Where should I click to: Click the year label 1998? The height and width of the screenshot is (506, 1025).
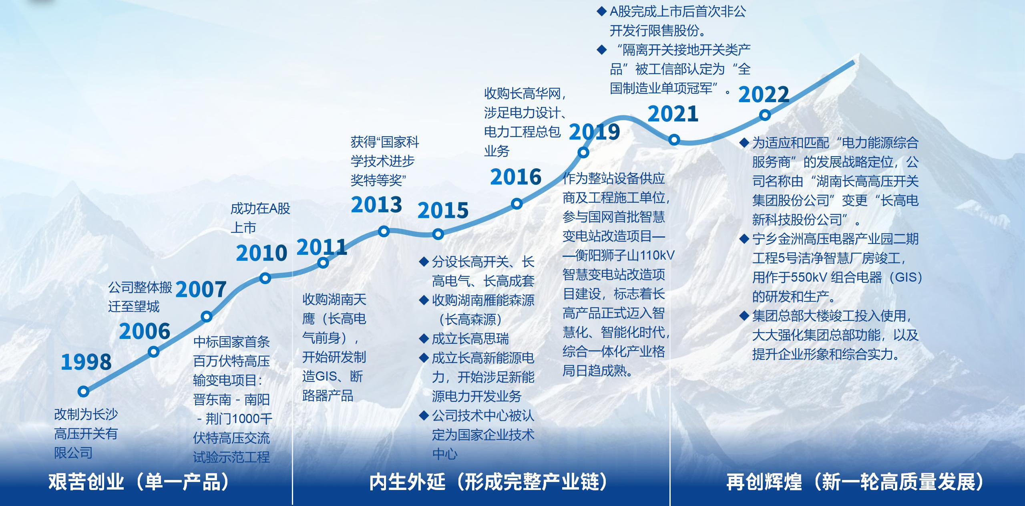pyautogui.click(x=86, y=362)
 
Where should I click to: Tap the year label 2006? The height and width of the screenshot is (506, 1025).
pyautogui.click(x=145, y=331)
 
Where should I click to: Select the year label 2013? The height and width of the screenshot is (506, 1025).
pyautogui.click(x=376, y=205)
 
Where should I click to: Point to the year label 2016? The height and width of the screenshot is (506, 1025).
pyautogui.click(x=516, y=177)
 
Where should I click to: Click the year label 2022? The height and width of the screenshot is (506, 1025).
pyautogui.click(x=764, y=95)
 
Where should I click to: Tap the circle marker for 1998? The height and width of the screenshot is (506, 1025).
pyautogui.click(x=83, y=391)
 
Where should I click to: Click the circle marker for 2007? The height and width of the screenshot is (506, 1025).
pyautogui.click(x=207, y=317)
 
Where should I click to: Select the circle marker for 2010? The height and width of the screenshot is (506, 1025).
pyautogui.click(x=265, y=278)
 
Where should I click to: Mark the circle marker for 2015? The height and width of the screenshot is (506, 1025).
pyautogui.click(x=438, y=234)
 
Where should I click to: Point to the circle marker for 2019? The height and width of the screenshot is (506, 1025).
pyautogui.click(x=583, y=152)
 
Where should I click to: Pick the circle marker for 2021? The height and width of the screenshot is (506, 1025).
pyautogui.click(x=674, y=139)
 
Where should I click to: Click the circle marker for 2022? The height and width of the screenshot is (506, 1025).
pyautogui.click(x=765, y=115)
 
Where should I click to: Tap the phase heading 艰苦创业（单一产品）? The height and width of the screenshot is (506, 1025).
pyautogui.click(x=139, y=482)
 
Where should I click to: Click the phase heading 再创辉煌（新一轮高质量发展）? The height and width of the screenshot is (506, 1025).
pyautogui.click(x=855, y=482)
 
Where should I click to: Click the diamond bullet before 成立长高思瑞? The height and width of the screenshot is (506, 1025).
pyautogui.click(x=424, y=339)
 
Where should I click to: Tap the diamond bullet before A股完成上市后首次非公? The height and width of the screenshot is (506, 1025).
pyautogui.click(x=601, y=11)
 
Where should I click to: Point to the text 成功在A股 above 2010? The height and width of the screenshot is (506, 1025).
pyautogui.click(x=260, y=208)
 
